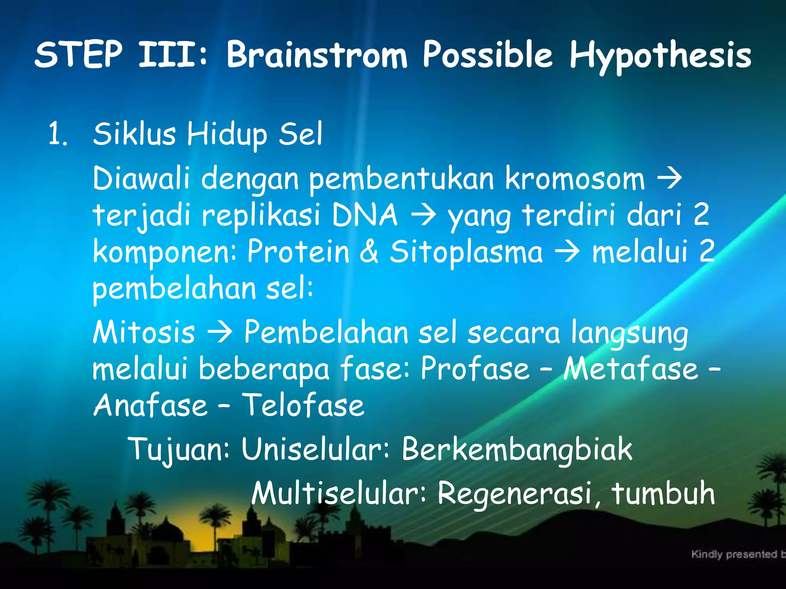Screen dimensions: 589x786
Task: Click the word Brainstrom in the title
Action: point(317,56)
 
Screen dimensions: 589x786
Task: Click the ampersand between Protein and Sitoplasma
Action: point(369,252)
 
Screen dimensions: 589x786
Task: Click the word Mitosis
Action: point(144,332)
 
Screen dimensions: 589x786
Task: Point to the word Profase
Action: point(475,369)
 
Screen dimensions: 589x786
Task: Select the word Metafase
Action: point(631,369)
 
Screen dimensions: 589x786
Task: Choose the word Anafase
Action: point(150,405)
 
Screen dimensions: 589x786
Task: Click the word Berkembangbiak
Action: point(517,449)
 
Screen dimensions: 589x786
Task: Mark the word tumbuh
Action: point(663,494)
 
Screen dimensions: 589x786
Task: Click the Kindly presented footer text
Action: point(737,554)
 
